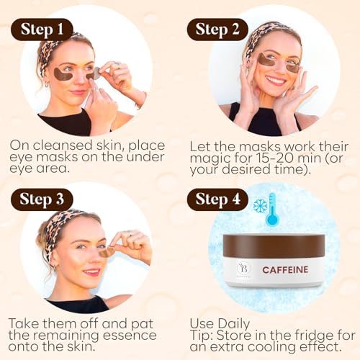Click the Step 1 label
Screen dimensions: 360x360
click(x=41, y=30)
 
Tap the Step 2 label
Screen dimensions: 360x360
click(x=217, y=30)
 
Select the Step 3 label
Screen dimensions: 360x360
click(x=41, y=199)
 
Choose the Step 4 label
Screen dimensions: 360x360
click(x=217, y=199)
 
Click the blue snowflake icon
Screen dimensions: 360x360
click(x=260, y=205)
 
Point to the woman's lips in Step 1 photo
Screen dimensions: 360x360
click(x=78, y=91)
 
